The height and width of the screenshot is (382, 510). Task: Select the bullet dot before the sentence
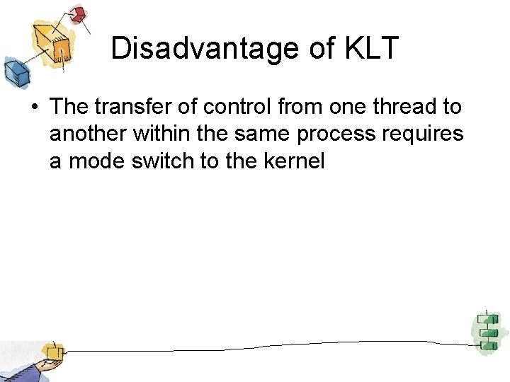[x=33, y=108]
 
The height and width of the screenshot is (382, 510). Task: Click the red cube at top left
[x=77, y=14]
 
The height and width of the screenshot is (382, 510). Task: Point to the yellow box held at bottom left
[x=51, y=352]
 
